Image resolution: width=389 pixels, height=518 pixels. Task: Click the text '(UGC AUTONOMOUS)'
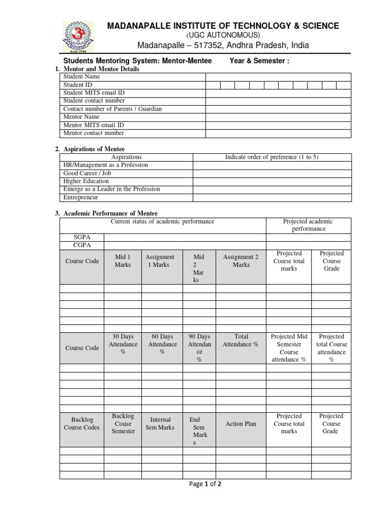click(x=223, y=35)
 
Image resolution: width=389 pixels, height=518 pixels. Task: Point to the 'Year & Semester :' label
click(x=259, y=61)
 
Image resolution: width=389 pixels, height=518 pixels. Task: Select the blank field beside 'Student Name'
click(x=278, y=77)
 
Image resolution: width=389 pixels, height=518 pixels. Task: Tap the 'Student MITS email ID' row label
click(x=94, y=93)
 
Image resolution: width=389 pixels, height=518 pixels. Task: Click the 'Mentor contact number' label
click(x=93, y=134)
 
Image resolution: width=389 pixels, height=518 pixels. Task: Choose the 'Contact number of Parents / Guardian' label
click(x=112, y=109)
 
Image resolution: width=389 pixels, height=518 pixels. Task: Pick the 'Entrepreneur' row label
click(x=81, y=197)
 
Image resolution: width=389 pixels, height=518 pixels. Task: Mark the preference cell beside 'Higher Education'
click(x=271, y=181)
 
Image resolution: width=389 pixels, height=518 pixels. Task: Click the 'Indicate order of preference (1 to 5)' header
click(x=271, y=157)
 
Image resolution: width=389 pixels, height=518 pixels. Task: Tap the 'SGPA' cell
click(x=82, y=237)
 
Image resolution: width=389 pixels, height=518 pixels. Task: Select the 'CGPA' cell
click(x=82, y=245)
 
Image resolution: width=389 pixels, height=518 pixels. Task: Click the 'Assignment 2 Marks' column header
click(x=241, y=261)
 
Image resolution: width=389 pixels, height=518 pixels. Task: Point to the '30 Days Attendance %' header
click(x=123, y=344)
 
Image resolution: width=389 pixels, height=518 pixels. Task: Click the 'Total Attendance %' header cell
click(x=241, y=340)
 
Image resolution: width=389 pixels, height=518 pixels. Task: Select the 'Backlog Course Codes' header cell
click(x=82, y=424)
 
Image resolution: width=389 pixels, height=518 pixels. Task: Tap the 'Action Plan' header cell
click(x=241, y=424)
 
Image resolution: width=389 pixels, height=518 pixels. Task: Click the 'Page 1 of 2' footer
click(x=205, y=484)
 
